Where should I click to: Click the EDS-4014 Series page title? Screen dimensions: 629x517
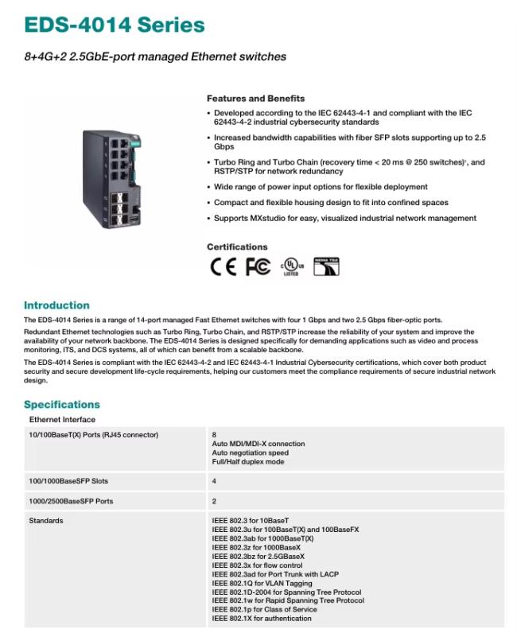click(x=114, y=25)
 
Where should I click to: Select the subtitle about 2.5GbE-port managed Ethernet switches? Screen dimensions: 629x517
click(x=154, y=56)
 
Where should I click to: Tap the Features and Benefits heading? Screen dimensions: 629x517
click(x=255, y=99)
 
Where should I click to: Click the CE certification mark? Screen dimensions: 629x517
click(x=224, y=267)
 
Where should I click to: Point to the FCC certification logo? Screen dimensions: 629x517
click(x=258, y=267)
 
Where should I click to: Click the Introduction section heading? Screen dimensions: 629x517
click(x=56, y=305)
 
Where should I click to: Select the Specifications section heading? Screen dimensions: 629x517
click(x=62, y=404)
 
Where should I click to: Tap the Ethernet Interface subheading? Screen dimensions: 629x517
click(x=62, y=419)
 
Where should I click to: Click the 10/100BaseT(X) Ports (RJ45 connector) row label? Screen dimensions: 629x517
click(x=94, y=435)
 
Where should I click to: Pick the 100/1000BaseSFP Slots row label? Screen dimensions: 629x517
click(x=68, y=481)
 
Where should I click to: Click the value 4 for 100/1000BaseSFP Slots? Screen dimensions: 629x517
click(x=214, y=481)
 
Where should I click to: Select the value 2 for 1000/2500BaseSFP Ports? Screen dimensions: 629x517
click(x=214, y=501)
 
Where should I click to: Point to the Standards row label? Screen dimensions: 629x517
click(x=46, y=521)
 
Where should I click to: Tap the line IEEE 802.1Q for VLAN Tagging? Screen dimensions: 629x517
click(x=262, y=584)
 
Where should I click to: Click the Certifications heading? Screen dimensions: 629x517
click(x=237, y=247)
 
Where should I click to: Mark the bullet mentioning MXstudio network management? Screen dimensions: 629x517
click(x=345, y=218)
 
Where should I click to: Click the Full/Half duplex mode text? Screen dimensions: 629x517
click(x=248, y=462)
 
